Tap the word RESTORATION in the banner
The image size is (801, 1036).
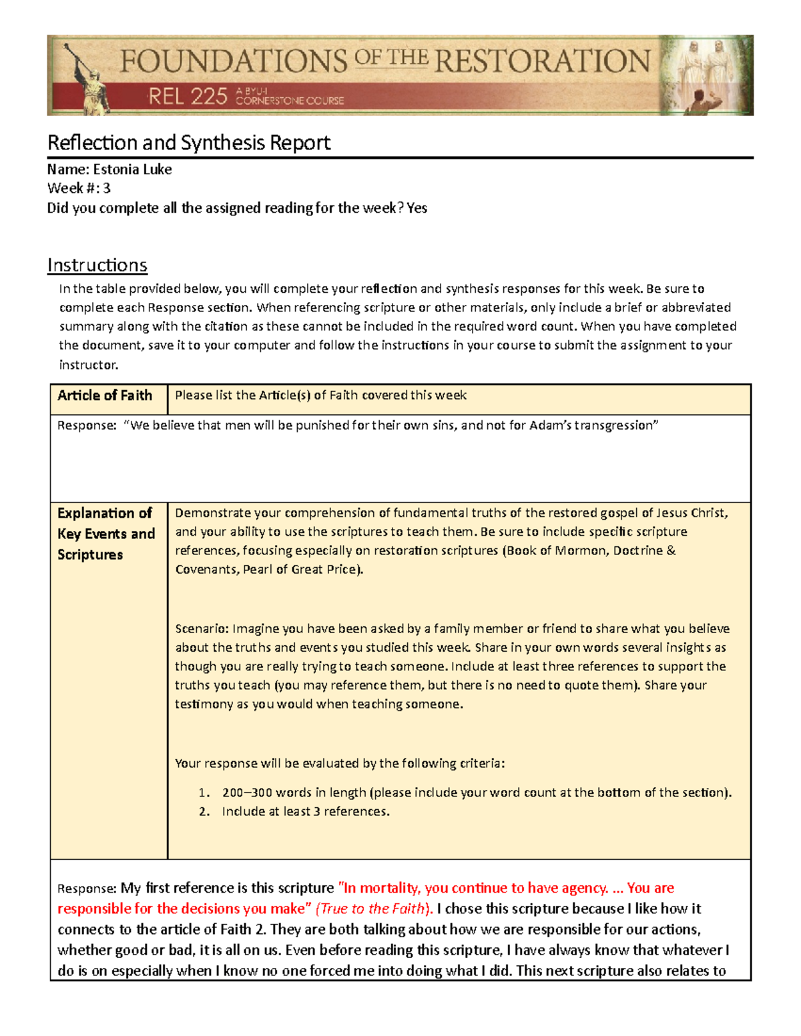tap(542, 61)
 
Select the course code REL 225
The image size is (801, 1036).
tap(188, 97)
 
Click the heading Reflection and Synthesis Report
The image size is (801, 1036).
tap(189, 143)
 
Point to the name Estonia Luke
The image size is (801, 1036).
tap(132, 169)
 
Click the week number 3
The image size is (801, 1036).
tap(106, 189)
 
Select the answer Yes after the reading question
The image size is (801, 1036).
tap(417, 208)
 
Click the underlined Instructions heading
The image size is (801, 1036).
tap(97, 266)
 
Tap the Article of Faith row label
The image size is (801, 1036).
tap(105, 396)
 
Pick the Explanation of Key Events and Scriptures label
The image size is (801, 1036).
tap(105, 534)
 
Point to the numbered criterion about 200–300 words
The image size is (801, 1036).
tap(477, 793)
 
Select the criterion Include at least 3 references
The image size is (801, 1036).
tap(306, 812)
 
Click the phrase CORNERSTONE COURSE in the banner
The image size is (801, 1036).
tap(290, 101)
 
